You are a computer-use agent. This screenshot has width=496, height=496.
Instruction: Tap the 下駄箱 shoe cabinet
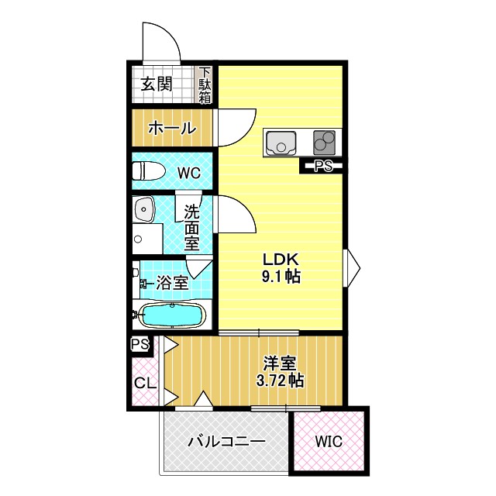pyautogui.click(x=205, y=84)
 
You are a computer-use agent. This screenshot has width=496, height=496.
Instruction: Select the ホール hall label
pyautogui.click(x=171, y=128)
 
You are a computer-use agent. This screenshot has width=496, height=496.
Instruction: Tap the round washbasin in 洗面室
pyautogui.click(x=144, y=209)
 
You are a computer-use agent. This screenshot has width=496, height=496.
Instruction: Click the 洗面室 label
pyautogui.click(x=192, y=226)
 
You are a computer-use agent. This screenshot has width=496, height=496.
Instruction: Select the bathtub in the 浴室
pyautogui.click(x=170, y=316)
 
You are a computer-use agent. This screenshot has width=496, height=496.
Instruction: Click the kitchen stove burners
pyautogui.click(x=325, y=143)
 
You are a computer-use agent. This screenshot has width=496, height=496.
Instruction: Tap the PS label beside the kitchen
pyautogui.click(x=322, y=165)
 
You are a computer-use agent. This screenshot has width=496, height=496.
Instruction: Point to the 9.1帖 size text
pyautogui.click(x=281, y=276)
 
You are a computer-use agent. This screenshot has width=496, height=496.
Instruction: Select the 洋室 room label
pyautogui.click(x=280, y=363)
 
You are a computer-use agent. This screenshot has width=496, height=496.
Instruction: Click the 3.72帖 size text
pyautogui.click(x=280, y=381)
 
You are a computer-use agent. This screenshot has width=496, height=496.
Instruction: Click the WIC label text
pyautogui.click(x=329, y=442)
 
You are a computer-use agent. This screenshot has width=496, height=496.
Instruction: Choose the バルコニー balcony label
pyautogui.click(x=227, y=442)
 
